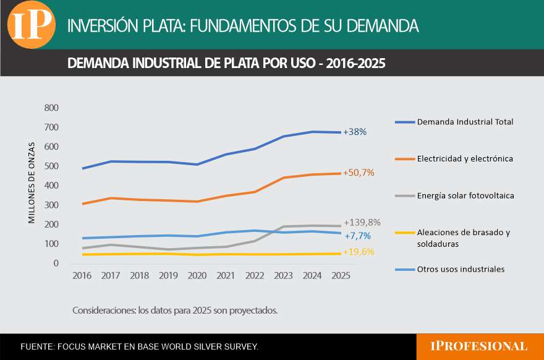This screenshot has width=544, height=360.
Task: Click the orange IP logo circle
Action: [x=30, y=25]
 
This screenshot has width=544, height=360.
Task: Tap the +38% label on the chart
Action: [x=355, y=132]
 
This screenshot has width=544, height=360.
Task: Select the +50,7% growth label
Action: [x=360, y=173]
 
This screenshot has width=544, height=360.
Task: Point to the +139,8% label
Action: [x=362, y=222]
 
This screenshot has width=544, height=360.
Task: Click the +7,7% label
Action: [x=358, y=236]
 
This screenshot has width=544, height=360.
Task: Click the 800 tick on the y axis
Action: [x=51, y=108]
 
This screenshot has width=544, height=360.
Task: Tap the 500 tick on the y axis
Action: [x=51, y=166]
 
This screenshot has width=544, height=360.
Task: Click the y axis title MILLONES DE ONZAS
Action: [x=32, y=182]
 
